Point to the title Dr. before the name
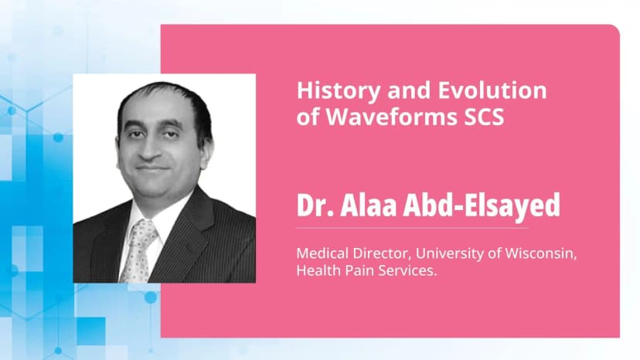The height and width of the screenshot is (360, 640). click(312, 206)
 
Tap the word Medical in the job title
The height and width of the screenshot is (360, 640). click(321, 252)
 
